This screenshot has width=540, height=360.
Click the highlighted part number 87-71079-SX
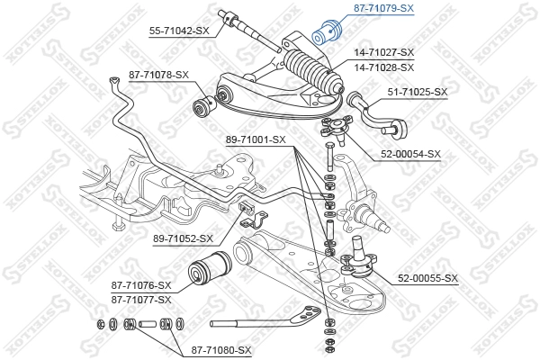tap(382, 8)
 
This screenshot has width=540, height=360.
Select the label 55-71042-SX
tap(179, 30)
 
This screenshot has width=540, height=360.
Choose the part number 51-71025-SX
tap(416, 92)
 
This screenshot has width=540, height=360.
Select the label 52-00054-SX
tap(409, 154)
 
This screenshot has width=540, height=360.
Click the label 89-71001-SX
tap(255, 139)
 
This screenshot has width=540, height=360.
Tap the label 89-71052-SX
tap(184, 238)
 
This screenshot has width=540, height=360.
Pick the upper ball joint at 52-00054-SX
tap(336, 128)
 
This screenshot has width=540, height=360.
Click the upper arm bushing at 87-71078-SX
tap(203, 107)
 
